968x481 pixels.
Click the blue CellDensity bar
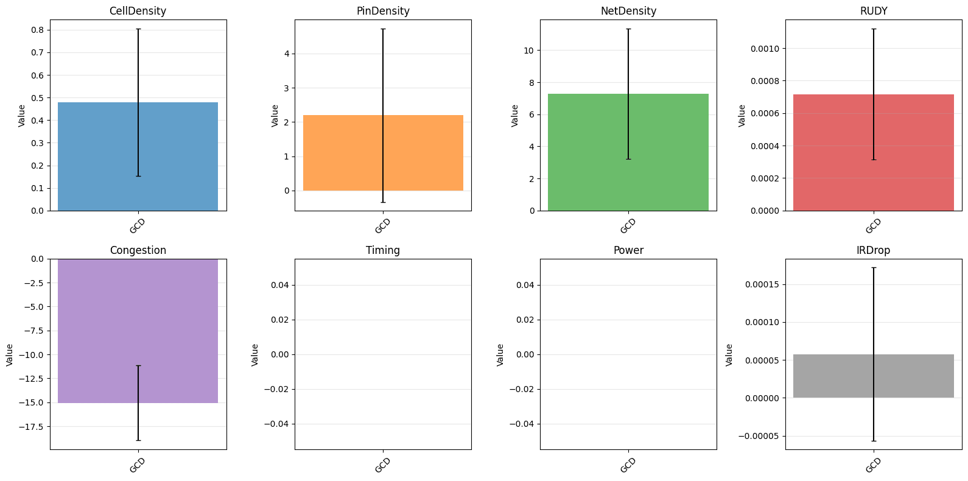tap(138, 156)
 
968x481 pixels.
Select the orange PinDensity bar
tap(383, 153)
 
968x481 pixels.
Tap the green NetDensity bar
tap(628, 152)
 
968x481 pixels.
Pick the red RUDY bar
tap(874, 153)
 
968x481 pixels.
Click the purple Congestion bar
tap(138, 331)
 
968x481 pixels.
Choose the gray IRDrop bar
tap(874, 376)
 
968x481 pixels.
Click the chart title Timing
tap(383, 250)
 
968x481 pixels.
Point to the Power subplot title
tap(628, 250)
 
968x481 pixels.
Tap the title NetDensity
tap(628, 11)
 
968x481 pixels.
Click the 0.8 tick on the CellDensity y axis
tap(38, 30)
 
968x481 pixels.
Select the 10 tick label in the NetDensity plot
tap(528, 51)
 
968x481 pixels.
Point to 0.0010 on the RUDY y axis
tap(765, 49)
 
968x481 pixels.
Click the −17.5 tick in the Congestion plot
tap(32, 427)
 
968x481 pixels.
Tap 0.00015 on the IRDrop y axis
tap(762, 285)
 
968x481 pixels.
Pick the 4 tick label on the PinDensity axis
tap(287, 54)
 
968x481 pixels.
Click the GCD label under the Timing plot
tap(382, 465)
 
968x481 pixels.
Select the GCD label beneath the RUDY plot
tap(873, 226)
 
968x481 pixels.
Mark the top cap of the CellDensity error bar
tap(138, 29)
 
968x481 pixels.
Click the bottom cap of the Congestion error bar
tap(138, 440)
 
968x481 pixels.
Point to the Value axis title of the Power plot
tap(500, 355)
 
